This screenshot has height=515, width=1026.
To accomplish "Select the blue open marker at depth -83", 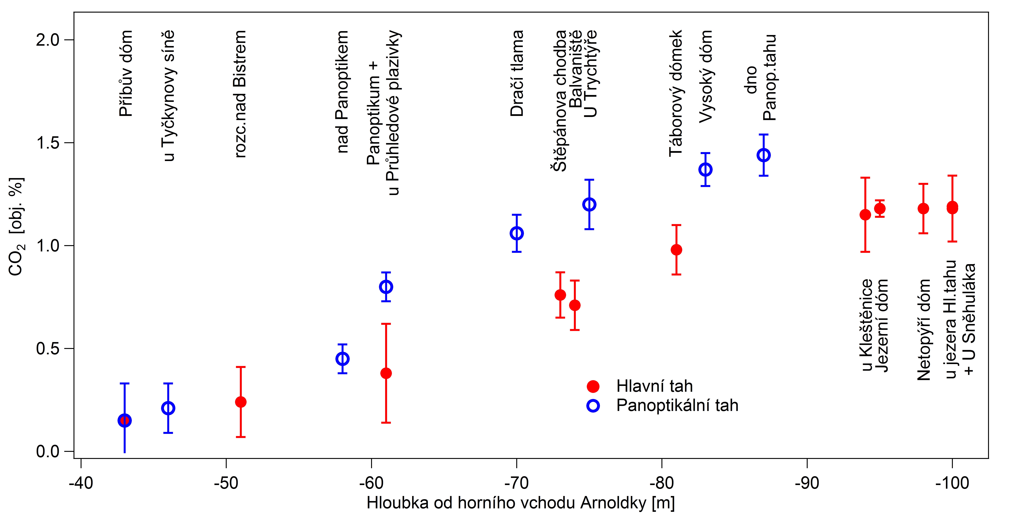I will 705,169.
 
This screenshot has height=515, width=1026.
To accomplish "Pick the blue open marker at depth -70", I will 517,233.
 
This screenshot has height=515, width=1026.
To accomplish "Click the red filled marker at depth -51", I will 241,402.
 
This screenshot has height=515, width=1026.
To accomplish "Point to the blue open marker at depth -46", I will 168,408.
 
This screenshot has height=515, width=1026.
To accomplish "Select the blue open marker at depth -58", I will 342,359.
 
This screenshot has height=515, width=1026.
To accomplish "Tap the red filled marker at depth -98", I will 923,209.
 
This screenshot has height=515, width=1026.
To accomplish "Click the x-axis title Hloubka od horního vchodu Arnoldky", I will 520,503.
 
